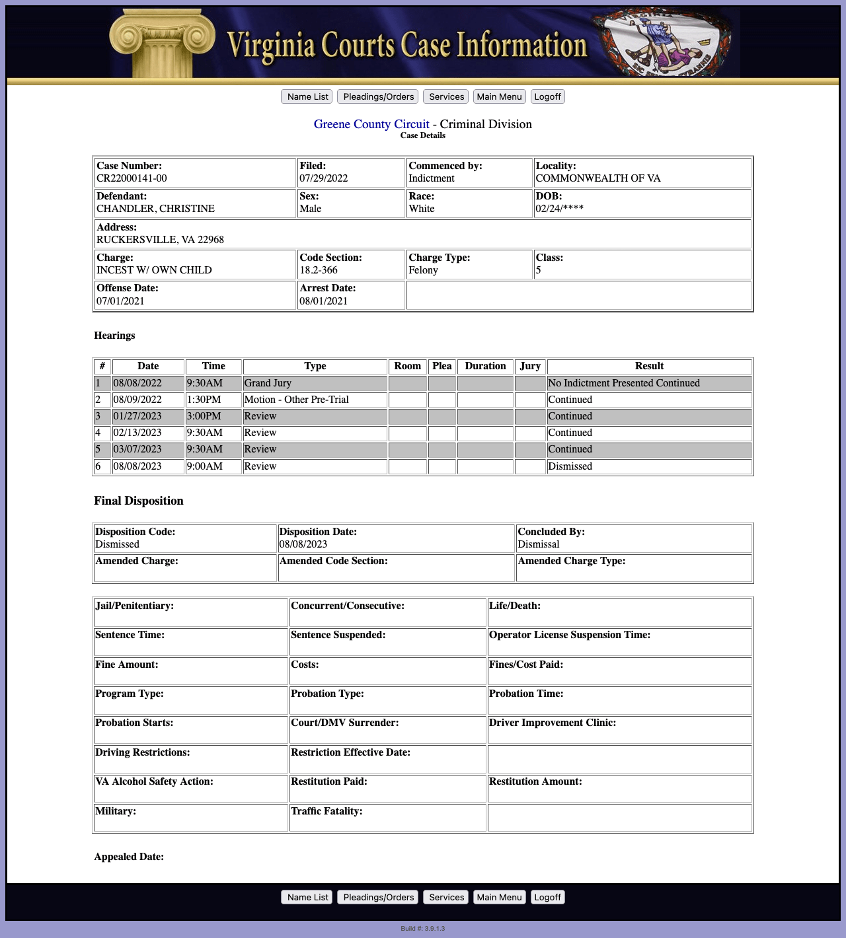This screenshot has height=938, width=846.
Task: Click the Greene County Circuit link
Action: (371, 124)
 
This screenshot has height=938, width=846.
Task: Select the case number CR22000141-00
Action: (132, 178)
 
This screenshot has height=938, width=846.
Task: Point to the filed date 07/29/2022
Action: (323, 178)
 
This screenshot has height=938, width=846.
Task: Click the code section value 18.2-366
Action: (318, 270)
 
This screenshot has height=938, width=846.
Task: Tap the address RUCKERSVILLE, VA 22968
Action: (160, 240)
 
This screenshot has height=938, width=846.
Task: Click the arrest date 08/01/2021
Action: (323, 301)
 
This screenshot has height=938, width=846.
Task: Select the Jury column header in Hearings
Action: (530, 366)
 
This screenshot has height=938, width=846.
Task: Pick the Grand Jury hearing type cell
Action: (268, 383)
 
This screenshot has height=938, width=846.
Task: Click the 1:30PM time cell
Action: (204, 400)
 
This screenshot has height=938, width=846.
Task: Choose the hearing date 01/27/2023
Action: (137, 416)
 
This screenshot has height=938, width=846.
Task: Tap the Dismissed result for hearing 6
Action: (570, 466)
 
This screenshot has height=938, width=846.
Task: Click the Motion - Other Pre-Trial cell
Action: (296, 400)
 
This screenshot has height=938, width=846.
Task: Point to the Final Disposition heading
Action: (139, 501)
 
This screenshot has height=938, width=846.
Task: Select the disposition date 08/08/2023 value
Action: (303, 544)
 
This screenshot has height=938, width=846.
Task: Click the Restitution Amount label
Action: (535, 781)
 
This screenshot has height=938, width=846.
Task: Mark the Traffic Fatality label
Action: (327, 811)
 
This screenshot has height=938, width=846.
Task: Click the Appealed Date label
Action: (129, 857)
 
